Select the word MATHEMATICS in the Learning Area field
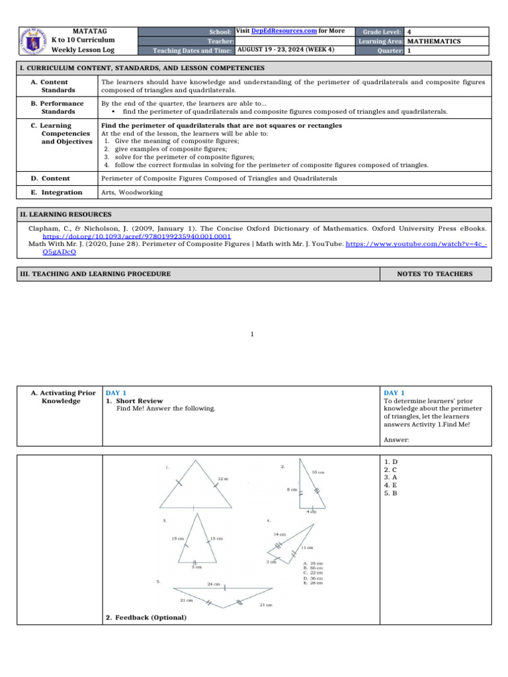[433, 41]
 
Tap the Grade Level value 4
[409, 32]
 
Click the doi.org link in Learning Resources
[136, 236]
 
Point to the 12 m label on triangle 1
[224, 478]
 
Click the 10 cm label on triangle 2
[317, 472]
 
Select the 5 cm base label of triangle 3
[196, 567]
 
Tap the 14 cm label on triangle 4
[278, 534]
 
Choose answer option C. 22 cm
[313, 572]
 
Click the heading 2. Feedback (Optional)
[146, 617]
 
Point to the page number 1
[253, 334]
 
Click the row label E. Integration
[57, 192]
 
